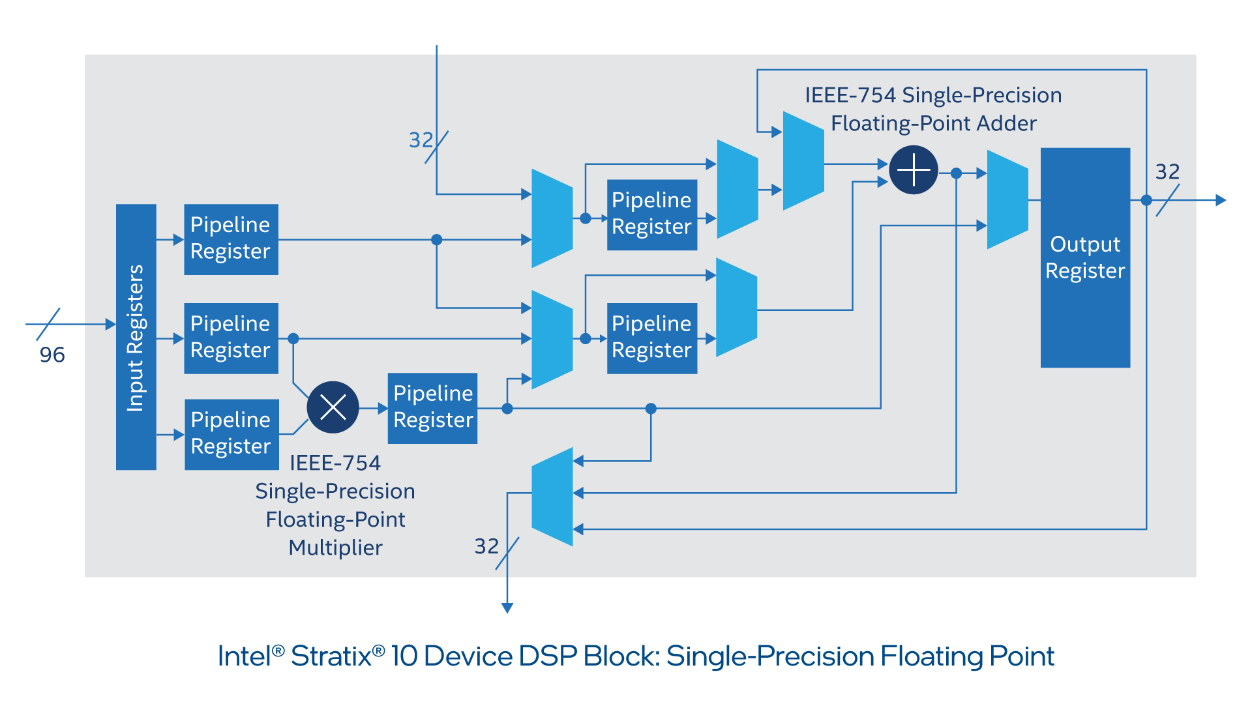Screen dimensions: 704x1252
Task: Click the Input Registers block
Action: (x=136, y=336)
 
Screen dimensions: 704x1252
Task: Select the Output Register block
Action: (x=1085, y=257)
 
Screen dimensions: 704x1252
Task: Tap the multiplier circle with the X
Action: (x=333, y=407)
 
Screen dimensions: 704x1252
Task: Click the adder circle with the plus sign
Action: (x=914, y=169)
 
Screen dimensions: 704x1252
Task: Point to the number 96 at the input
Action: (x=52, y=355)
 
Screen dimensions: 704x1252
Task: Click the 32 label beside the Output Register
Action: (x=1167, y=171)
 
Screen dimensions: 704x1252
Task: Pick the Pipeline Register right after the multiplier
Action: (x=432, y=408)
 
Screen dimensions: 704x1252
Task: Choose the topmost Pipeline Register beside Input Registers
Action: (x=231, y=239)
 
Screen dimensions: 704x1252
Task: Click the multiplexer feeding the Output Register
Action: (x=1007, y=199)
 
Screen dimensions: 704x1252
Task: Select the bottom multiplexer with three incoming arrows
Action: (x=552, y=496)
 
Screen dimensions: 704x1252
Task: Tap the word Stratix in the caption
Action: (x=331, y=656)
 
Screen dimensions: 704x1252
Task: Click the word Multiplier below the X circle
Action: (x=335, y=548)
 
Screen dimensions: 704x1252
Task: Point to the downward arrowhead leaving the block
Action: (x=507, y=608)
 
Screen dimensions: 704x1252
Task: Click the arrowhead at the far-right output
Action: (x=1221, y=200)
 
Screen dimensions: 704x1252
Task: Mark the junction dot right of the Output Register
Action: (x=1146, y=200)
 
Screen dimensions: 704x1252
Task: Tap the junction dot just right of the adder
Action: (x=956, y=173)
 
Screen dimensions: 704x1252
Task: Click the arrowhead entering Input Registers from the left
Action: (x=110, y=324)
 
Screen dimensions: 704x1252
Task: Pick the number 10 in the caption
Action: (x=404, y=656)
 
